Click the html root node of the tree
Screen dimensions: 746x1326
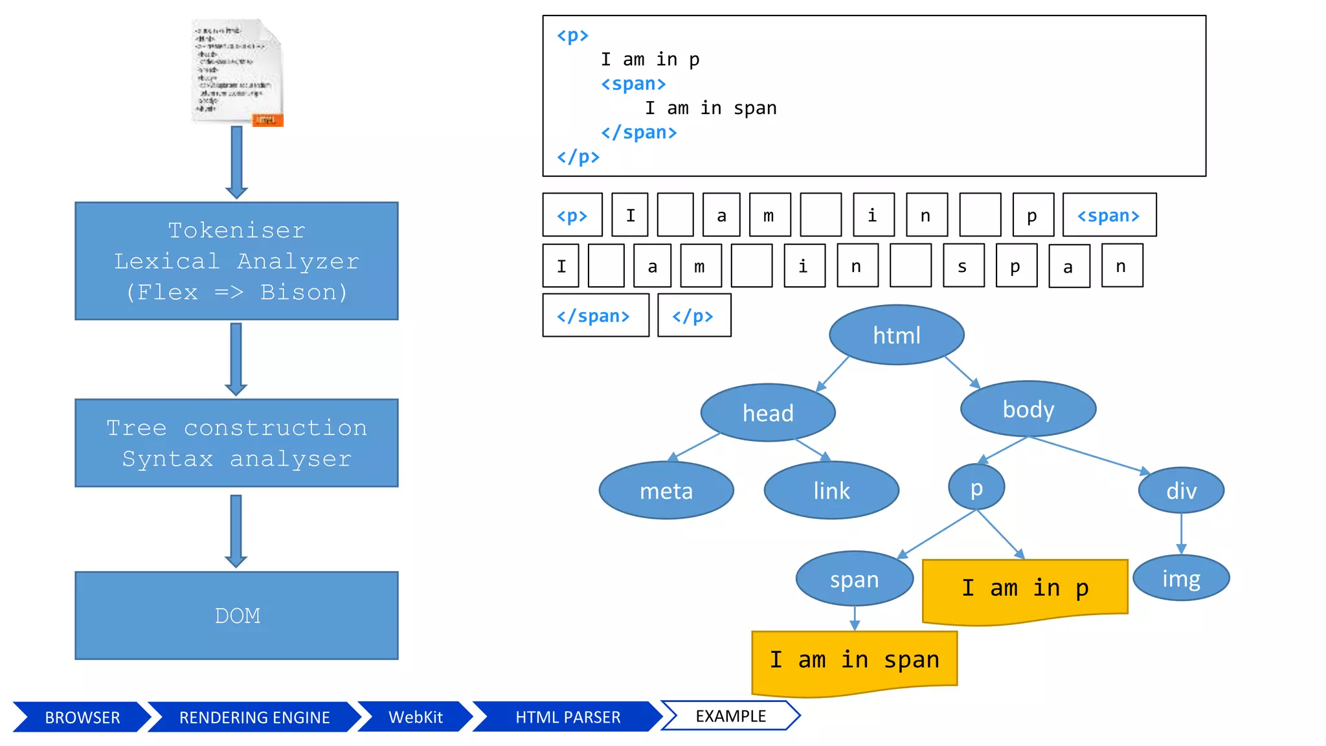pyautogui.click(x=896, y=335)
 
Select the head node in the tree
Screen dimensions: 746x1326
pyautogui.click(x=768, y=413)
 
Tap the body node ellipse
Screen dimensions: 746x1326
pyautogui.click(x=1028, y=409)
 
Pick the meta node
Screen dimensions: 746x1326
pyautogui.click(x=666, y=491)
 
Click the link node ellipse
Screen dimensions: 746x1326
pyautogui.click(x=831, y=491)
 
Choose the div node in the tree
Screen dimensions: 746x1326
pyautogui.click(x=1181, y=491)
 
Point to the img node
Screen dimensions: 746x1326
pyautogui.click(x=1181, y=578)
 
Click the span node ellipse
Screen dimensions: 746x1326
pyautogui.click(x=854, y=579)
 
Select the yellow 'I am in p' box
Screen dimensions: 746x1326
pyautogui.click(x=1024, y=588)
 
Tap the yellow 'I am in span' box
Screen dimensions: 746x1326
pyautogui.click(x=854, y=660)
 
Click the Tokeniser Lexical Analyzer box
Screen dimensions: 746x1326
pyautogui.click(x=236, y=261)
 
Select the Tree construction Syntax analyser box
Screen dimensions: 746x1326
pyautogui.click(x=236, y=443)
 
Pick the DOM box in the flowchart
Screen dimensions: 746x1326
pyautogui.click(x=236, y=615)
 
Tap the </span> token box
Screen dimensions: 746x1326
pyautogui.click(x=595, y=315)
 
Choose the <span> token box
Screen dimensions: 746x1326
pyautogui.click(x=1108, y=215)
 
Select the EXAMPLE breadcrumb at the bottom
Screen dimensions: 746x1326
pyautogui.click(x=730, y=716)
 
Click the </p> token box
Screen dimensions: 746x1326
pyautogui.click(x=693, y=315)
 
